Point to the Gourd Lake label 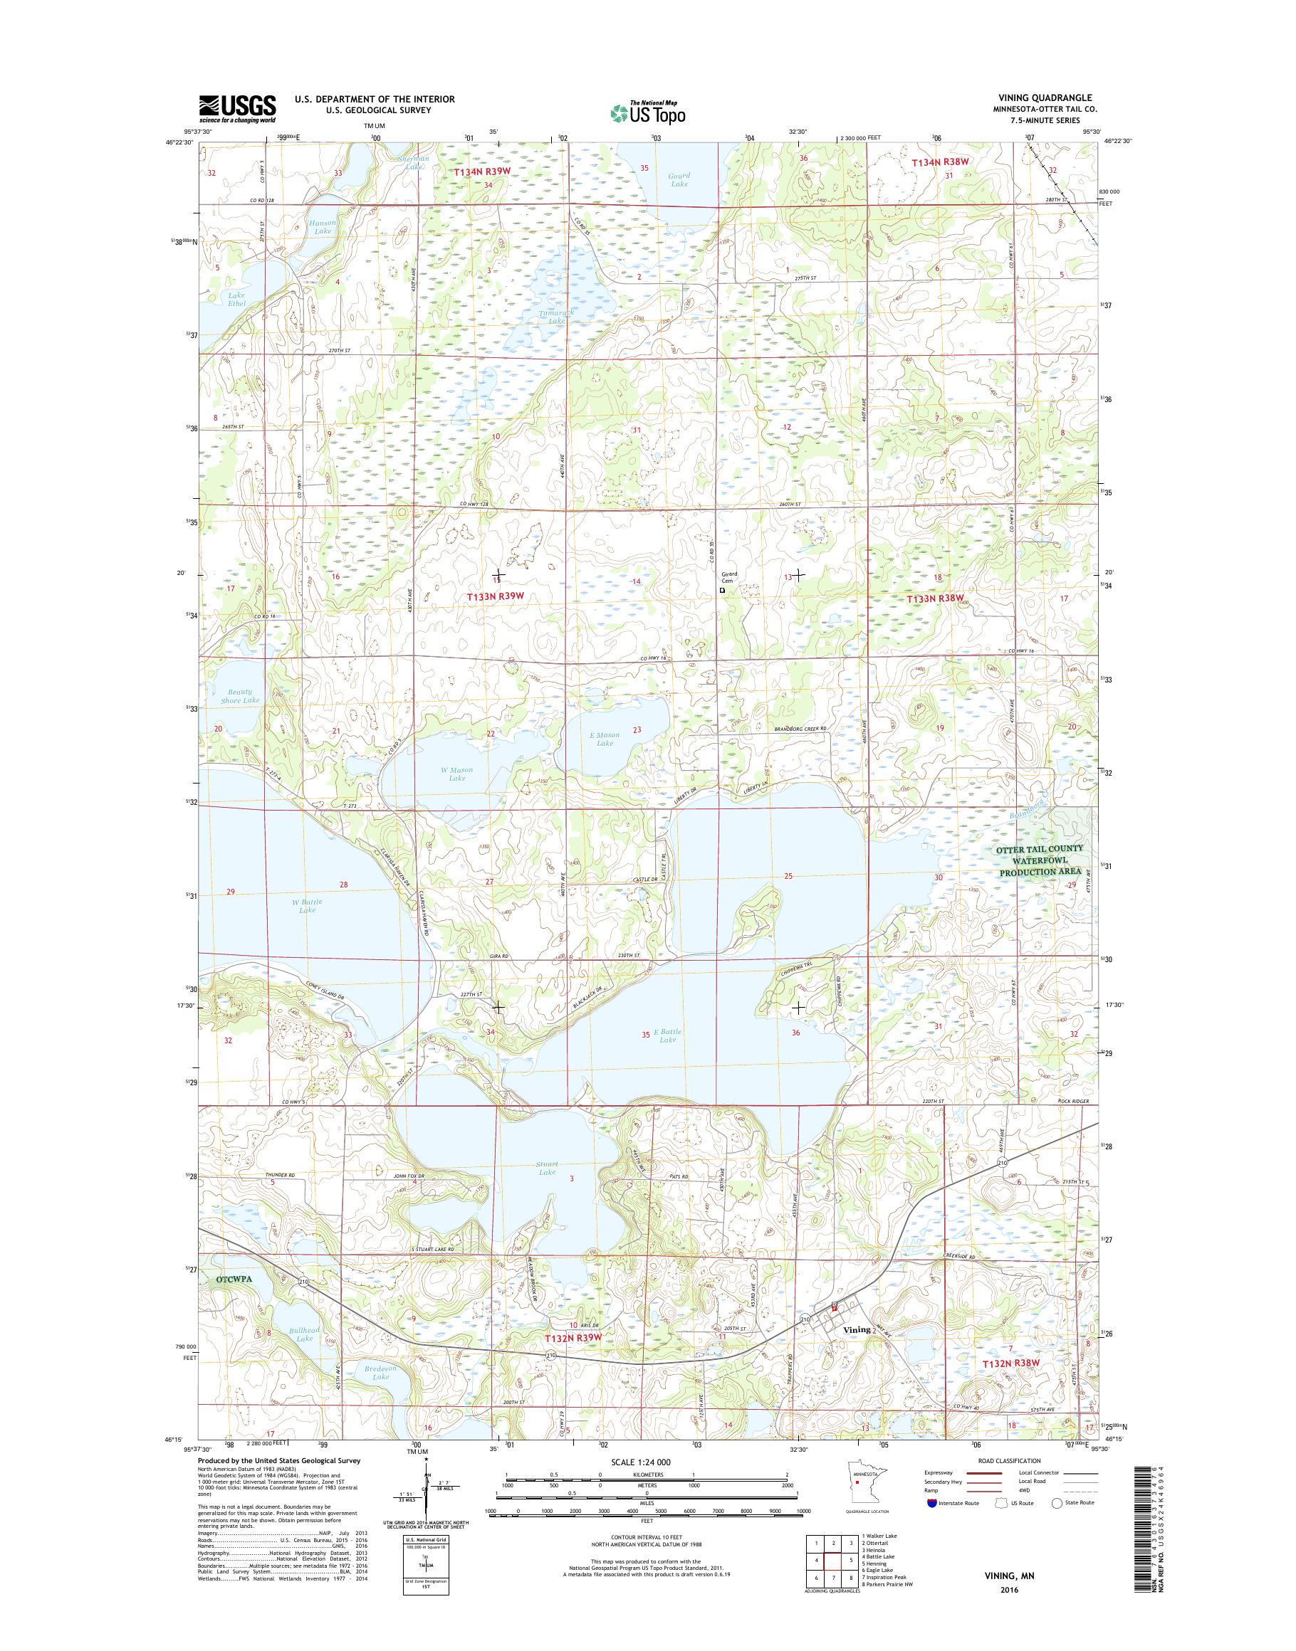click(679, 180)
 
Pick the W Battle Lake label click(308, 905)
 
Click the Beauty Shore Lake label click(241, 695)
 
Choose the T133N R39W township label click(496, 596)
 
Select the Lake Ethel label click(236, 300)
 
